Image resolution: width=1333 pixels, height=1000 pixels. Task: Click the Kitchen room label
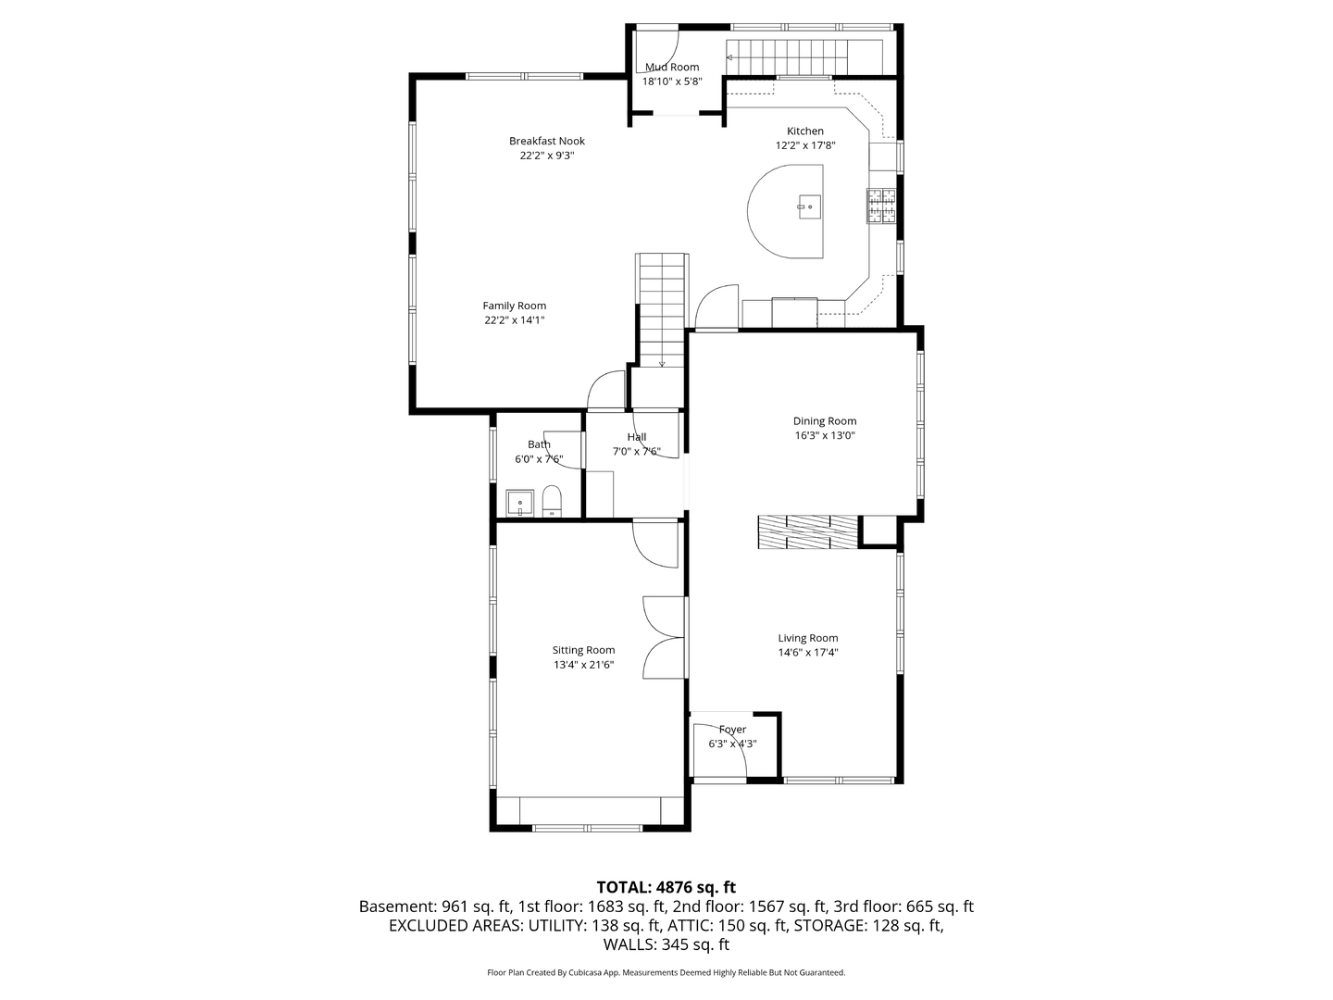[804, 131]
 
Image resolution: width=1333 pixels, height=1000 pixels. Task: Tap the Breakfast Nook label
[546, 141]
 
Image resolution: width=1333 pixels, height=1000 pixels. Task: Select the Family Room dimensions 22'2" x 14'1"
[515, 320]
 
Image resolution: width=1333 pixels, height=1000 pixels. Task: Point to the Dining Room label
[825, 420]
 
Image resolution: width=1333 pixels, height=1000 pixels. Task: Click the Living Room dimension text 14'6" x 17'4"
[808, 652]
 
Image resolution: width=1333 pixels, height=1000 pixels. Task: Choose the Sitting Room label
[583, 650]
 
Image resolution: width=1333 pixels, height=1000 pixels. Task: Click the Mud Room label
[672, 67]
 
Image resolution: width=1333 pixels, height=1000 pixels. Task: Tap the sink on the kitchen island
[809, 207]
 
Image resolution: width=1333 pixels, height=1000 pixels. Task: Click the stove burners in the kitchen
[881, 206]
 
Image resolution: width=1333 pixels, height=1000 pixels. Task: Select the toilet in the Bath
[552, 501]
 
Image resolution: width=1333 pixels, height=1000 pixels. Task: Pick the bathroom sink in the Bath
[520, 504]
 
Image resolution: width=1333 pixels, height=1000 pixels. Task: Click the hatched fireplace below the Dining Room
[809, 532]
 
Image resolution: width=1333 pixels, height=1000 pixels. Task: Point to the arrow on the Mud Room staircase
[729, 57]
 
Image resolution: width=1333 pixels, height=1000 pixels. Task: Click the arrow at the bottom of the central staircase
[662, 364]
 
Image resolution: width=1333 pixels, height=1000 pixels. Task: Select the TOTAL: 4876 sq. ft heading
[666, 888]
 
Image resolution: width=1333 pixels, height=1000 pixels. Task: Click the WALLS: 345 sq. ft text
[666, 944]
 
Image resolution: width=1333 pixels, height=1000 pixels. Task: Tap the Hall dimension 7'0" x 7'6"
[637, 451]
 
